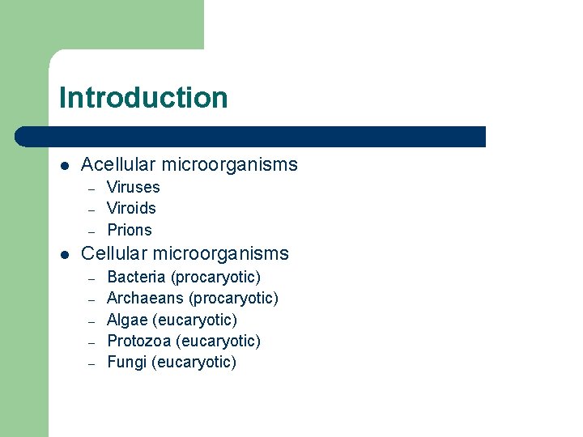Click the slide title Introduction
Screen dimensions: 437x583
[x=143, y=98]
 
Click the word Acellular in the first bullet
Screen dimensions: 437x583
[x=118, y=165]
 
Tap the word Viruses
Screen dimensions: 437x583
[x=134, y=187]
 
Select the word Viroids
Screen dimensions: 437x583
[x=131, y=208]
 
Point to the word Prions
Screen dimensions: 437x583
[x=130, y=230]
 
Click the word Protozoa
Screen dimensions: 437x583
[x=137, y=341]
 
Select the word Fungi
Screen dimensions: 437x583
[x=126, y=362]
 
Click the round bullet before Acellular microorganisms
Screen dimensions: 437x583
[x=65, y=166]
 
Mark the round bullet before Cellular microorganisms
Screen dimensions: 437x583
[x=65, y=254]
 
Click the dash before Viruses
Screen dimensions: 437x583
[x=92, y=188]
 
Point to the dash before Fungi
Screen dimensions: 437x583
[x=92, y=363]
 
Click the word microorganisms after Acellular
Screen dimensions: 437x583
[x=229, y=165]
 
